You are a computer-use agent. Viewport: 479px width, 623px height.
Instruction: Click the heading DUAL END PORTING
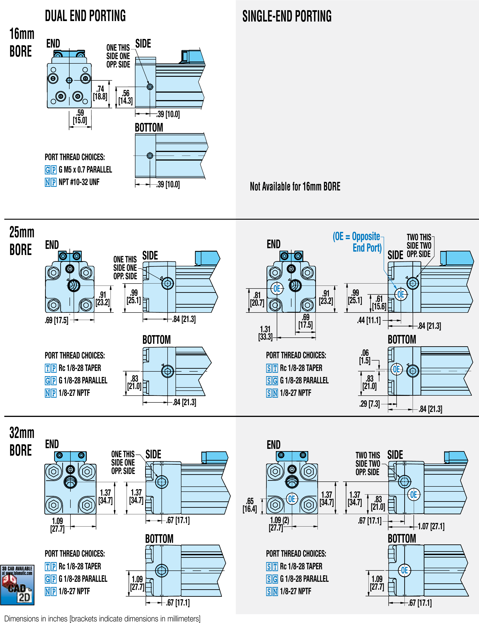point(85,16)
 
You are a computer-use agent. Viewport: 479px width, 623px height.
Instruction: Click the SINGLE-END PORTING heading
point(287,16)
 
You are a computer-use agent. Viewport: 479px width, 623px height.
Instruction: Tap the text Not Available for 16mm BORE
point(295,186)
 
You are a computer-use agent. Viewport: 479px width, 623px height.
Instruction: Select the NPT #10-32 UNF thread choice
point(79,182)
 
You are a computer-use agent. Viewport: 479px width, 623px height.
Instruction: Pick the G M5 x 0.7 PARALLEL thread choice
point(85,170)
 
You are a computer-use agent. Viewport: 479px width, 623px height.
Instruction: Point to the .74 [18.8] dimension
point(100,93)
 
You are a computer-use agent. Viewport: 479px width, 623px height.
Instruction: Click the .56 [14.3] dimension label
point(125,97)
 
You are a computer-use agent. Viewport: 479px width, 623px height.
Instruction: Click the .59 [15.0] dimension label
point(80,117)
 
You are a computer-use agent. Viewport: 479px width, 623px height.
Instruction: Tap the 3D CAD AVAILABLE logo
point(17,585)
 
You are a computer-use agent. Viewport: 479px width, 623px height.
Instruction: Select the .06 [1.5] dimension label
point(365,357)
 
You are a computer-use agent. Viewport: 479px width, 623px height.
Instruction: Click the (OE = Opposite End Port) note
point(357,242)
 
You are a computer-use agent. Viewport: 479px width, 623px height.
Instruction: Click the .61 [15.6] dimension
point(379,303)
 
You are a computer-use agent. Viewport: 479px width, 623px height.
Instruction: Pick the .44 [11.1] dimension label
point(369,320)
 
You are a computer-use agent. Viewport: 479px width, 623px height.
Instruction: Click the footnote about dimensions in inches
point(102,618)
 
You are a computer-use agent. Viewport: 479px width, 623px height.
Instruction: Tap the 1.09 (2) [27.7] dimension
point(279,524)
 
